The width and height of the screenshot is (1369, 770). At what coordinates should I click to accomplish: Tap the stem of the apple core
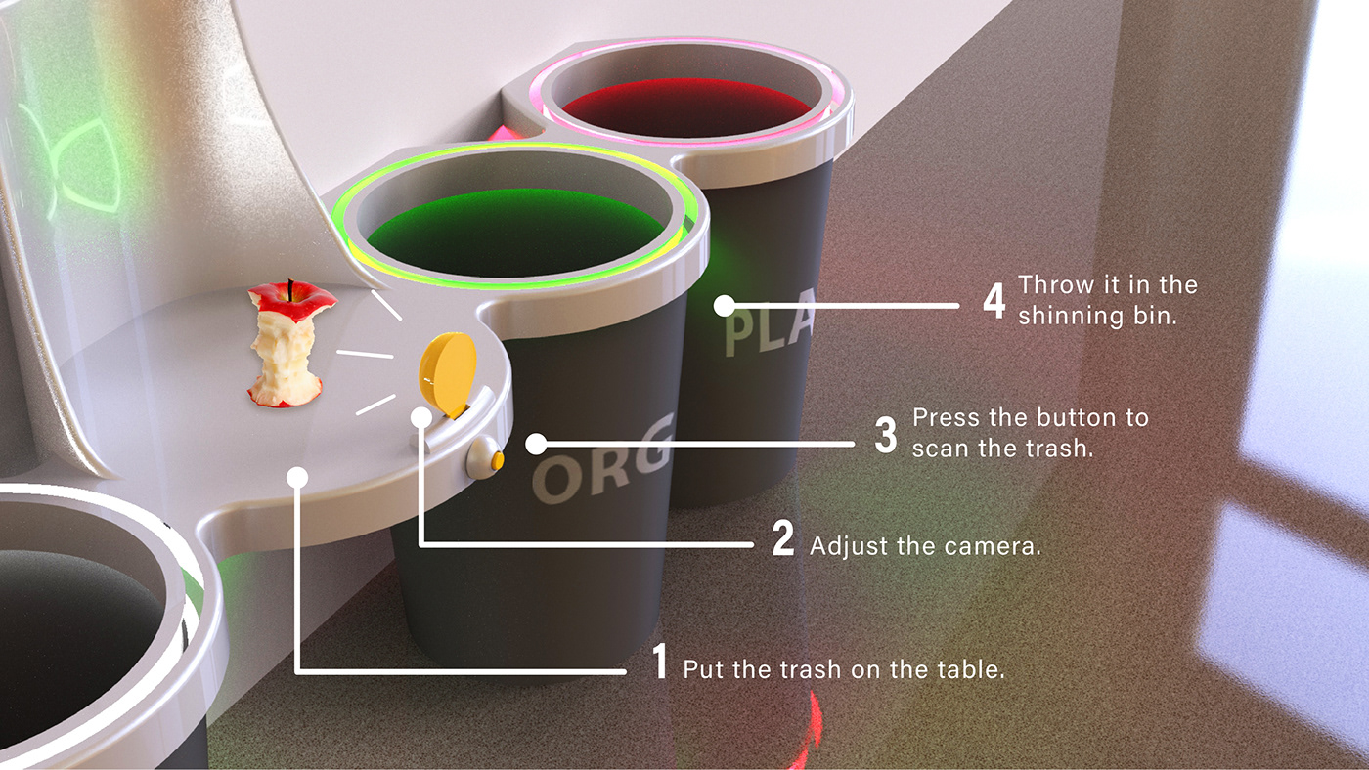point(291,289)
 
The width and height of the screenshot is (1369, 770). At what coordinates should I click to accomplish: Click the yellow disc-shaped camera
point(448,373)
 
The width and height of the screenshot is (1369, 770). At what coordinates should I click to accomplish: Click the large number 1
point(659,661)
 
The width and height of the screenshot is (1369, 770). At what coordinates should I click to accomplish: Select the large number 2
point(783,538)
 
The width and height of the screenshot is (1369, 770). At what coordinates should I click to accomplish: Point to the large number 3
point(886,435)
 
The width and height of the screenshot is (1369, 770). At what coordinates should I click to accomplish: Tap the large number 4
point(994,300)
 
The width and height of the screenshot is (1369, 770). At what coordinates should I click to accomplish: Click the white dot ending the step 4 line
point(725,305)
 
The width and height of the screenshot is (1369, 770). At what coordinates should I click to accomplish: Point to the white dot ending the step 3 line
point(536,444)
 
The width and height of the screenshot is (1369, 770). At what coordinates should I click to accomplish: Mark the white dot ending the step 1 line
point(297,477)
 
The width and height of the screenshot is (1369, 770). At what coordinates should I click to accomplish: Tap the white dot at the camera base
point(421,417)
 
